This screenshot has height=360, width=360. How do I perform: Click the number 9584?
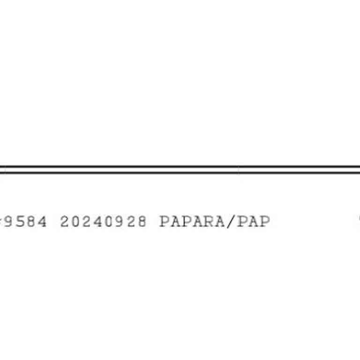tap(25, 222)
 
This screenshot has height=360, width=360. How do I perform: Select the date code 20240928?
tap(103, 222)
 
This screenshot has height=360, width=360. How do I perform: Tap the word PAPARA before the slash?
tap(192, 222)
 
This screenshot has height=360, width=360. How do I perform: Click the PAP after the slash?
tap(254, 222)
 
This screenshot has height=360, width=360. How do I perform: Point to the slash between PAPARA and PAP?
tap(231, 222)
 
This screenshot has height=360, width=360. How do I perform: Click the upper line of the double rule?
tap(180, 166)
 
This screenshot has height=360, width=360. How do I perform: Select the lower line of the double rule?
tap(180, 172)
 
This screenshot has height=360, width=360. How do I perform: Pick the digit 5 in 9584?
tap(20, 222)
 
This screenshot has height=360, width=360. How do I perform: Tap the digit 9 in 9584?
tap(9, 222)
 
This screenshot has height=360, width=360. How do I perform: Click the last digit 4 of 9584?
tap(42, 222)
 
